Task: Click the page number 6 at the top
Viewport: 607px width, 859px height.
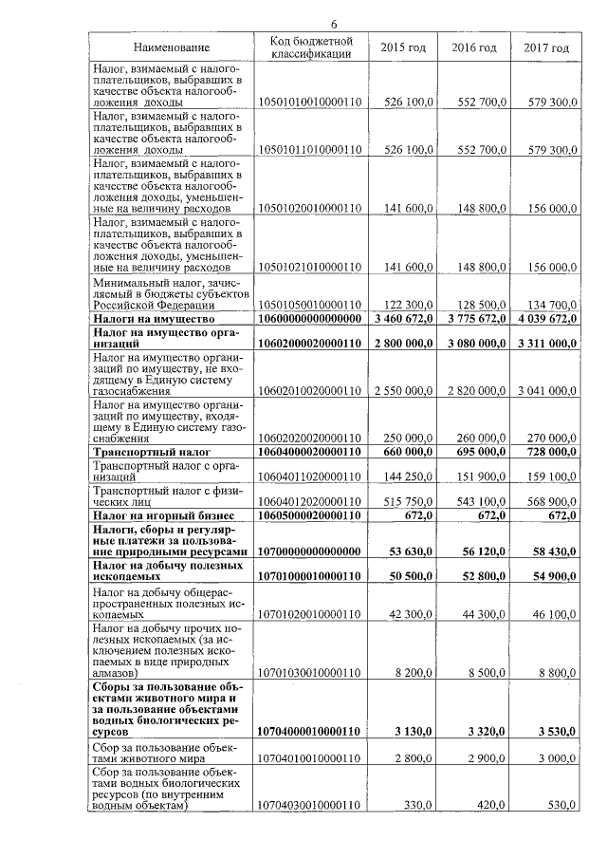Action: [x=334, y=24]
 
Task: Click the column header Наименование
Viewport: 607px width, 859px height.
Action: [x=172, y=47]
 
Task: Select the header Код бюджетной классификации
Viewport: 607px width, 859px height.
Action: [x=311, y=47]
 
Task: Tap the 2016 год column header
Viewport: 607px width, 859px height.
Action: [x=473, y=47]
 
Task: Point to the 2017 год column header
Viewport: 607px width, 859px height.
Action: [x=546, y=47]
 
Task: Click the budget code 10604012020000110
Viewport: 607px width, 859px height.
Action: [x=311, y=500]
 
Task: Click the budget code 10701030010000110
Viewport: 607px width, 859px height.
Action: [x=311, y=672]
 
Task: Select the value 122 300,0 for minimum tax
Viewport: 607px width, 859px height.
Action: [x=409, y=305]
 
